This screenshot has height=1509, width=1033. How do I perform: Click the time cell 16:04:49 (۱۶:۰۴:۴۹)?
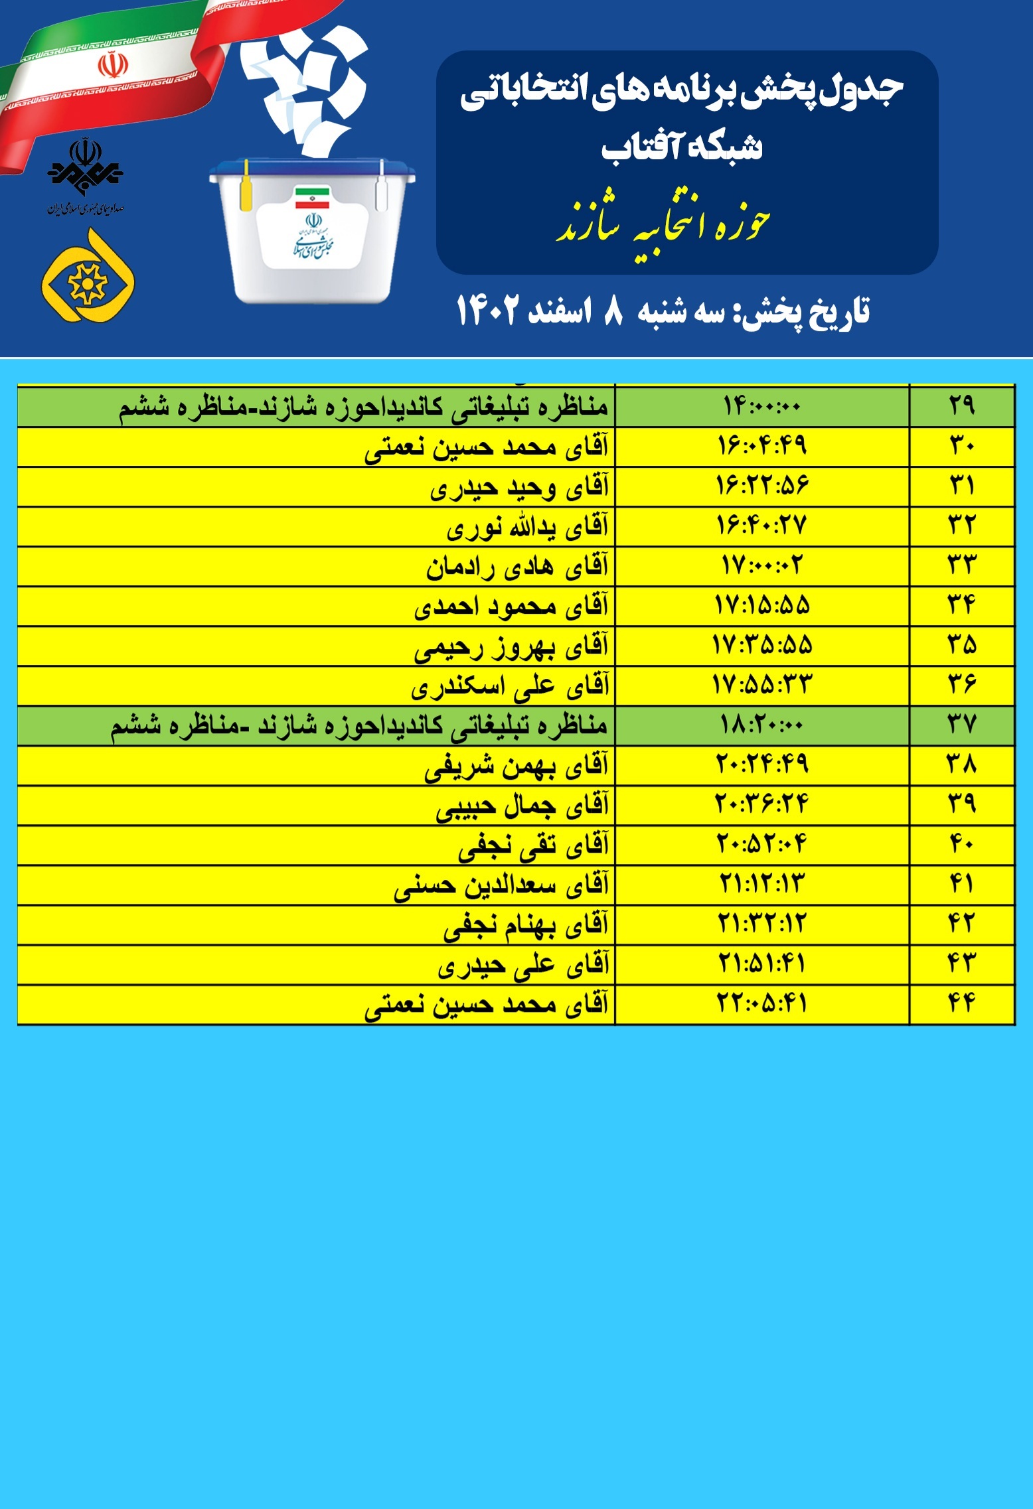pos(761,446)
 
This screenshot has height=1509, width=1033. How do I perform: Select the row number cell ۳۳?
pos(962,566)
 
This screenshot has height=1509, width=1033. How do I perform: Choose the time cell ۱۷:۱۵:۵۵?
pos(761,606)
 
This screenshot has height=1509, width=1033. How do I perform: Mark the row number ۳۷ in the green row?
pos(962,725)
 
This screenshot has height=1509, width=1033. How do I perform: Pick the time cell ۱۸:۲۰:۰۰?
pos(761,725)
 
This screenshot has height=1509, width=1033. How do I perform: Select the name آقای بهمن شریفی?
pos(516,766)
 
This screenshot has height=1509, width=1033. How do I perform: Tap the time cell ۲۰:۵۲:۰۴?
pos(761,845)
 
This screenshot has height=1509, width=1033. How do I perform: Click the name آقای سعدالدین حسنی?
pos(501,886)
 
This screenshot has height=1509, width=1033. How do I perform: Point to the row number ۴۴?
pos(962,1003)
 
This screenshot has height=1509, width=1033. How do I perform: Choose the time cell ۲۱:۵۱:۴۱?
pos(761,964)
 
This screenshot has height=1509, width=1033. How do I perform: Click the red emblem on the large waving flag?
pos(113,65)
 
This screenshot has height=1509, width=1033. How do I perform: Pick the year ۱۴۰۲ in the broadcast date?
pos(486,311)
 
